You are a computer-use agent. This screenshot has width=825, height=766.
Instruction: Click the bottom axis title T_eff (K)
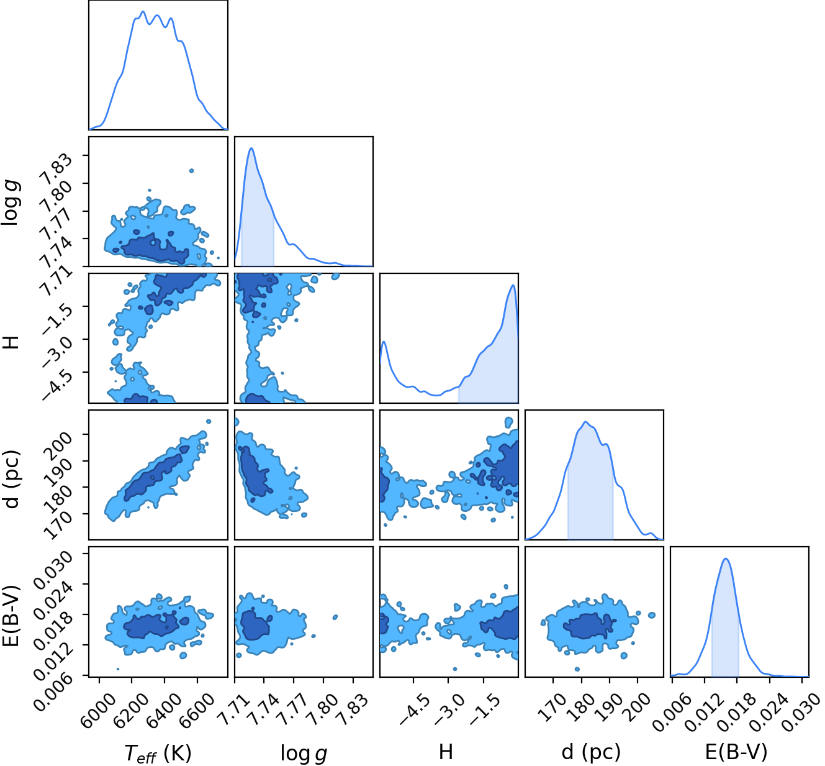[158, 754]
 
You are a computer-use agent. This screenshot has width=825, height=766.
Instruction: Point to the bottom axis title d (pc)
[591, 752]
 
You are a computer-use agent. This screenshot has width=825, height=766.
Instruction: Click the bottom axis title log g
[304, 754]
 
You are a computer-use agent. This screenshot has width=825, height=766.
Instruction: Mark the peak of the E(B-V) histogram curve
[726, 559]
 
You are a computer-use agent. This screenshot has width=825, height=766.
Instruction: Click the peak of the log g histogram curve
[251, 148]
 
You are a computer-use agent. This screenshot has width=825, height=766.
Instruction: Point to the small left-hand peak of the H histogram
[384, 342]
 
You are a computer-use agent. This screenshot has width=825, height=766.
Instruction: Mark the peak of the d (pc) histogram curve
[586, 422]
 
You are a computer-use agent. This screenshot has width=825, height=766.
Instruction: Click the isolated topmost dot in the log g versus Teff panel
[191, 170]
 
